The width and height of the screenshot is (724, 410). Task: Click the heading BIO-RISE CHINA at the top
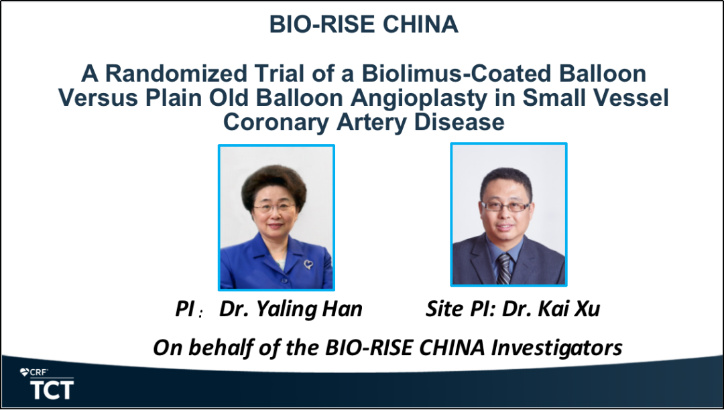pyautogui.click(x=364, y=24)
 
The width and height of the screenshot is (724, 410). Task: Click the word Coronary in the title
pyautogui.click(x=276, y=123)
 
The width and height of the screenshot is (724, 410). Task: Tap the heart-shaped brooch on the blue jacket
pyautogui.click(x=308, y=264)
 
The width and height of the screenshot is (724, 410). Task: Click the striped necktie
pyautogui.click(x=504, y=269)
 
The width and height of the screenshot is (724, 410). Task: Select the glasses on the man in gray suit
pyautogui.click(x=505, y=206)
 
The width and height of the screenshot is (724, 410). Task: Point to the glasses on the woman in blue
pyautogui.click(x=275, y=208)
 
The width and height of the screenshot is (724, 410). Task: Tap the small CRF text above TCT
pyautogui.click(x=39, y=372)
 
